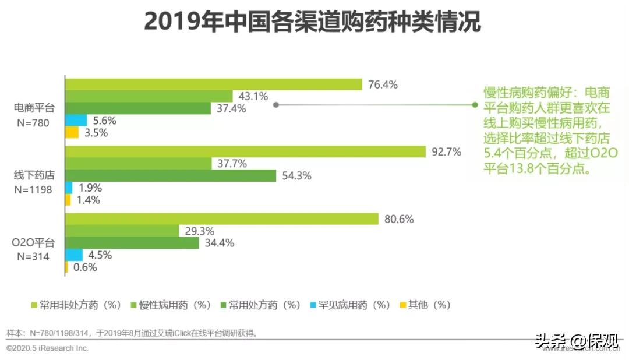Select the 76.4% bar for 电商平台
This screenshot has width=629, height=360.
pos(213,84)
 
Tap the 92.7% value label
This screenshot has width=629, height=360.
pos(446,152)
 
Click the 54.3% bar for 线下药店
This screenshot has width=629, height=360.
pos(170,175)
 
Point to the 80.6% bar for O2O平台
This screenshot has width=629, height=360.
pos(222,219)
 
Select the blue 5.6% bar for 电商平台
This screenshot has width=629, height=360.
pos(76,121)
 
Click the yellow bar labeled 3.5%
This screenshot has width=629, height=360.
pos(72,133)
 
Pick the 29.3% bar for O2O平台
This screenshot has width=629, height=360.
pos(122,231)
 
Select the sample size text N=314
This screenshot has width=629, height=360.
pos(34,256)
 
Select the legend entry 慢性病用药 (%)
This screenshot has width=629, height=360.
pos(169,305)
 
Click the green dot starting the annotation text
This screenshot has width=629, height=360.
pos(475,105)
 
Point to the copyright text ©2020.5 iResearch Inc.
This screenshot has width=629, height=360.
pos(47,348)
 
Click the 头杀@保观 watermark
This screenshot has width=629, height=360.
pos(577,340)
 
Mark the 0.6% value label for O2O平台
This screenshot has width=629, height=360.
pos(84,267)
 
